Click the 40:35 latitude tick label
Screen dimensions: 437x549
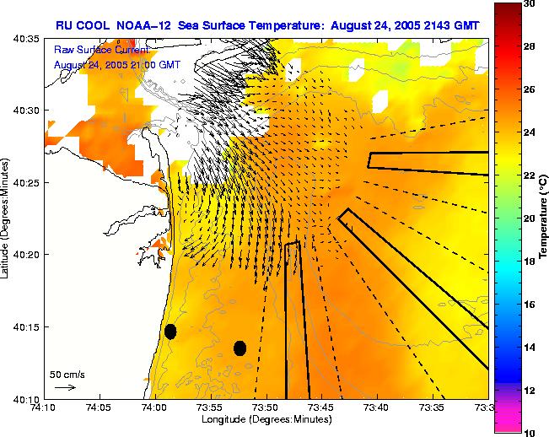tap(27, 39)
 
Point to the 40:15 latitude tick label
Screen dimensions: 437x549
tap(27, 326)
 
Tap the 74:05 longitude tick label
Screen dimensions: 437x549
tap(99, 407)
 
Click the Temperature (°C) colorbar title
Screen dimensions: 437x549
tap(544, 218)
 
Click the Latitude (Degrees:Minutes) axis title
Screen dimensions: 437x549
tap(7, 218)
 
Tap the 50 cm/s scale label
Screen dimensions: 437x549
tap(67, 374)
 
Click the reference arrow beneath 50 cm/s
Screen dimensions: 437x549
tap(65, 387)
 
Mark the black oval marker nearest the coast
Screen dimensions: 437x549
tap(170, 332)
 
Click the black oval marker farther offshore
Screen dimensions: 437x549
tap(240, 348)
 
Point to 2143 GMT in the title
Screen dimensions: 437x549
tap(453, 25)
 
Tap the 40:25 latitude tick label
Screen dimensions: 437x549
tap(27, 182)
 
